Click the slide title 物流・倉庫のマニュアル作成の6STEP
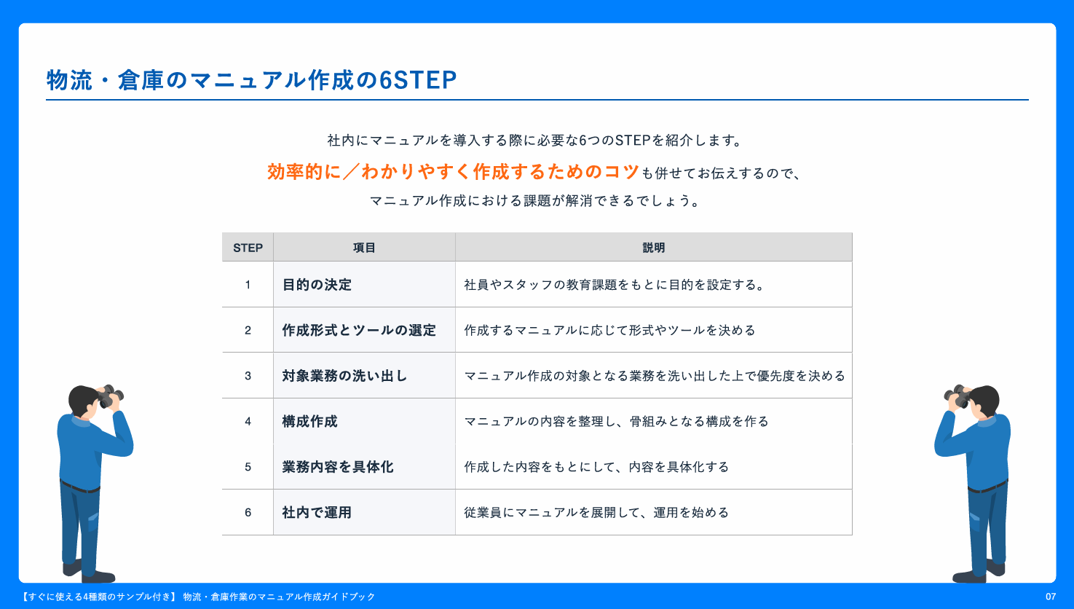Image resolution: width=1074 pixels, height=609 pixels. click(251, 79)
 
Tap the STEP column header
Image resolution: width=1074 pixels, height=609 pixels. click(248, 248)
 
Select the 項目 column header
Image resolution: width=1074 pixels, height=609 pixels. click(364, 248)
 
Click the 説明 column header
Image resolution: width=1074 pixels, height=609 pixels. click(654, 248)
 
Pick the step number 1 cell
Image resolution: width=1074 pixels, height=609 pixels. click(248, 285)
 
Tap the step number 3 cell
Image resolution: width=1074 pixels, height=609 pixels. click(248, 376)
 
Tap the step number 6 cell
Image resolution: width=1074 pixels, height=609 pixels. click(248, 513)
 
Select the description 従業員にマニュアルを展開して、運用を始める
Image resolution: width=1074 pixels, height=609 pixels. click(596, 513)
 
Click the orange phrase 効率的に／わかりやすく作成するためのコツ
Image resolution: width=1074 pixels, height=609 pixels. click(453, 172)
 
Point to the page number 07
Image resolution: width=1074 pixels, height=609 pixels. click(1051, 597)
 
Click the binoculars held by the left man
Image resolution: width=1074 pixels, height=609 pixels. click(110, 396)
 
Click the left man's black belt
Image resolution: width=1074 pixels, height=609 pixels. click(80, 487)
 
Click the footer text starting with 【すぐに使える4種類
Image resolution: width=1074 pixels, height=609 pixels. click(197, 597)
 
